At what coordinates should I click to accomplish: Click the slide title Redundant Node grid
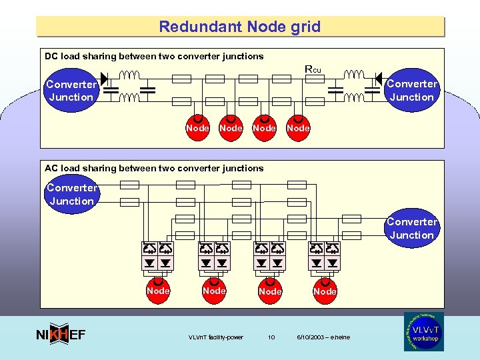239,27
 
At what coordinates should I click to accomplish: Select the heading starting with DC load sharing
154,57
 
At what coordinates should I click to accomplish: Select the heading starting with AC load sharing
154,169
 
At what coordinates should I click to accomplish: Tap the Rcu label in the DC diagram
312,69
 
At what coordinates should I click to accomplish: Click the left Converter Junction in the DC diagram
71,91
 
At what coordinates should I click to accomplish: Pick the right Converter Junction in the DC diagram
411,91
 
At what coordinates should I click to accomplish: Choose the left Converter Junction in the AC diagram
71,194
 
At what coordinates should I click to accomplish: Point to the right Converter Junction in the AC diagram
411,228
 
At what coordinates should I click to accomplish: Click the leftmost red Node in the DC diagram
197,127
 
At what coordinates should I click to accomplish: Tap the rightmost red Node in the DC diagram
298,127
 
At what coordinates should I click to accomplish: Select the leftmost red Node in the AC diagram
158,291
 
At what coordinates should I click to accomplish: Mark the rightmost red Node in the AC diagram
325,291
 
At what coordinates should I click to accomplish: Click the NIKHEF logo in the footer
60,335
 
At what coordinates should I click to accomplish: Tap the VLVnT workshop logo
423,331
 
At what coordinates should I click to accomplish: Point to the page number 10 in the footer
271,337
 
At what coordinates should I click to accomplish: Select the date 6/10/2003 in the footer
323,337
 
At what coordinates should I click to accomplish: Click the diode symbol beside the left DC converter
104,78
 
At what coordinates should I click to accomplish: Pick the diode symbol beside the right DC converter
379,78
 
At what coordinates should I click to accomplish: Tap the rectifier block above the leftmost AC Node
158,256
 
